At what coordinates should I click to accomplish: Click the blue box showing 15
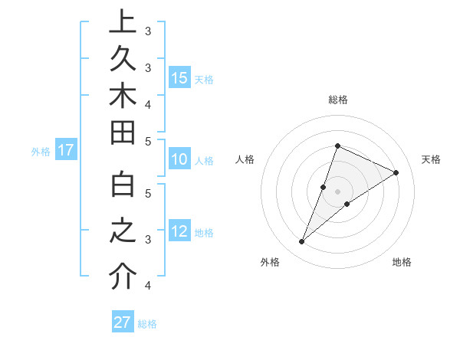tap(179, 78)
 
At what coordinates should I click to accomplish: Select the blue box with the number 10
tap(179, 160)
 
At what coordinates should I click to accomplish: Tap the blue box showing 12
tap(179, 232)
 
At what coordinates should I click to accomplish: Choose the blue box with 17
tap(66, 151)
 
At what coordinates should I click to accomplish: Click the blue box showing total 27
tap(123, 322)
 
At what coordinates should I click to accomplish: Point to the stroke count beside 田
tap(148, 141)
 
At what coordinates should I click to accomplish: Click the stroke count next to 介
tap(148, 286)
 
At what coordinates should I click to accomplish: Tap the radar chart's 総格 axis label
tap(337, 100)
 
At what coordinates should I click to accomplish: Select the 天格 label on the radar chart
tap(431, 159)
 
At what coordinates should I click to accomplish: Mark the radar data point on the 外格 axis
tap(301, 242)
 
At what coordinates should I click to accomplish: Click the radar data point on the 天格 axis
tap(396, 172)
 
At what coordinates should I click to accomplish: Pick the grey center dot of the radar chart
tap(337, 191)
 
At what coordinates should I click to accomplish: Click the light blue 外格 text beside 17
tap(41, 152)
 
